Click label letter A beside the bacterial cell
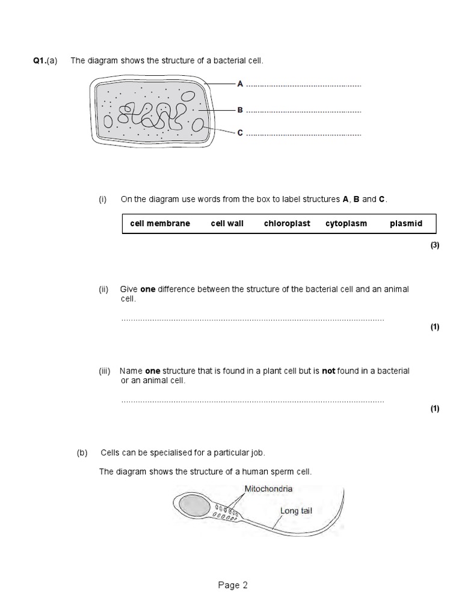pos(240,84)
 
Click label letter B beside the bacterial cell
pos(240,110)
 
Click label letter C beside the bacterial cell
pos(240,133)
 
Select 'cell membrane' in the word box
pos(160,223)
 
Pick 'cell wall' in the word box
pos(227,223)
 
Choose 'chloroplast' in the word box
pos(287,223)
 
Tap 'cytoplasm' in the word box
pos(346,223)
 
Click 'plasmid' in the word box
pos(406,223)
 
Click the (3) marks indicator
pos(435,245)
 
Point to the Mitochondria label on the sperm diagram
pos(268,489)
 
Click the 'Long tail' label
pos(296,511)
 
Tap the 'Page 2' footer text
pos(232,585)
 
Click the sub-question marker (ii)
pos(103,289)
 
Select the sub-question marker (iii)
pos(105,371)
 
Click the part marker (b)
pos(82,452)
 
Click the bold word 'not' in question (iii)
pos(328,371)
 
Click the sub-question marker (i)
pos(103,199)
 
